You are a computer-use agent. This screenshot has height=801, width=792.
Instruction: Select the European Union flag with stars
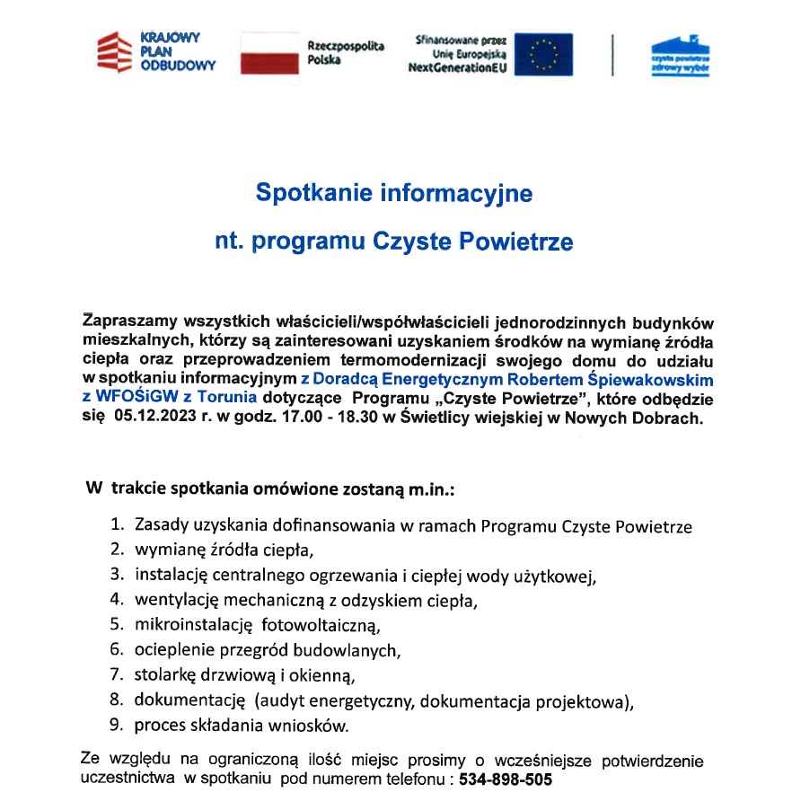[542, 55]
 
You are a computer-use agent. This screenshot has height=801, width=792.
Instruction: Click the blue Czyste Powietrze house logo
[679, 55]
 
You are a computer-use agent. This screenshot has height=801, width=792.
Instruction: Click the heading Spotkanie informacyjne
[394, 193]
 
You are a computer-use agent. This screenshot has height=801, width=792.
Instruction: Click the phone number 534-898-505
[506, 779]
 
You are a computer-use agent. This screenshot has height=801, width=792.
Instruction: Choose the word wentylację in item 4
[175, 599]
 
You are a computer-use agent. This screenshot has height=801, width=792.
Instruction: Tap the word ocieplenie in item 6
[172, 649]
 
